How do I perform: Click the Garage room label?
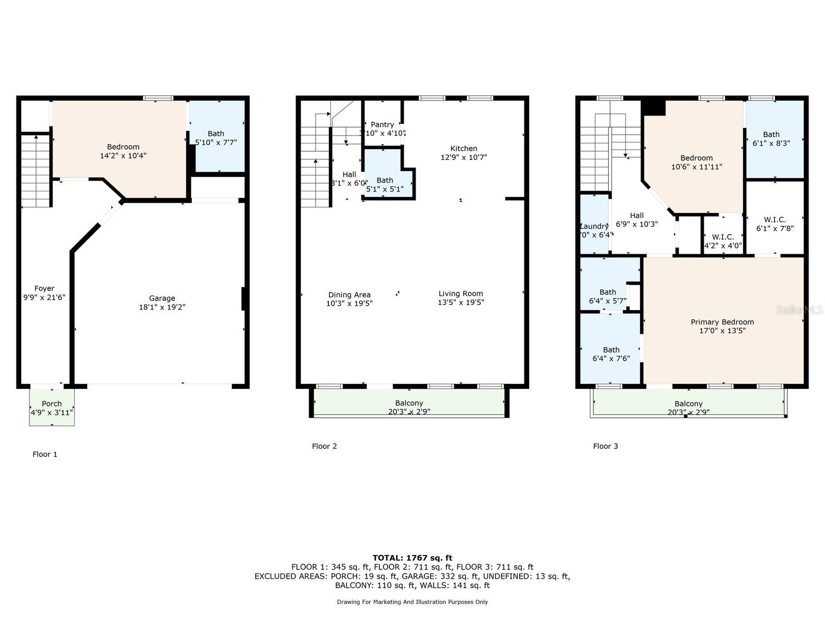tap(162, 298)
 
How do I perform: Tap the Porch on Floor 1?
tap(52, 404)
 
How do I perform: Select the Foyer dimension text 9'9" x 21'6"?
tap(44, 298)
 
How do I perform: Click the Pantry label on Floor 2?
tap(382, 125)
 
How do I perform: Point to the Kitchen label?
tap(464, 149)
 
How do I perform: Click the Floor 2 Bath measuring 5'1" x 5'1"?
tap(385, 185)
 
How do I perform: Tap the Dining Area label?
tap(349, 295)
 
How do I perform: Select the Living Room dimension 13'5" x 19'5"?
tap(460, 303)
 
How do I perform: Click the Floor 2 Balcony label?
tap(409, 403)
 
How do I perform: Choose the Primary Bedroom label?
tap(722, 322)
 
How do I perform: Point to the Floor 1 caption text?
tap(45, 454)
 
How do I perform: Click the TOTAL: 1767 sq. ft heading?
tap(412, 558)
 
